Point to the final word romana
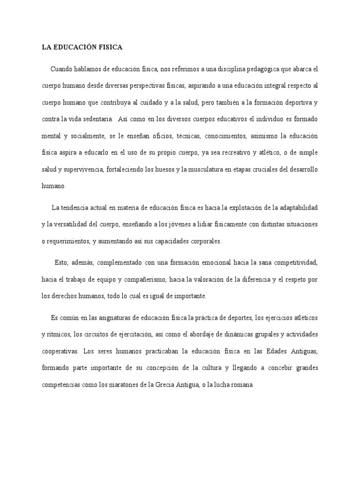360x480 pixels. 242,385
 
